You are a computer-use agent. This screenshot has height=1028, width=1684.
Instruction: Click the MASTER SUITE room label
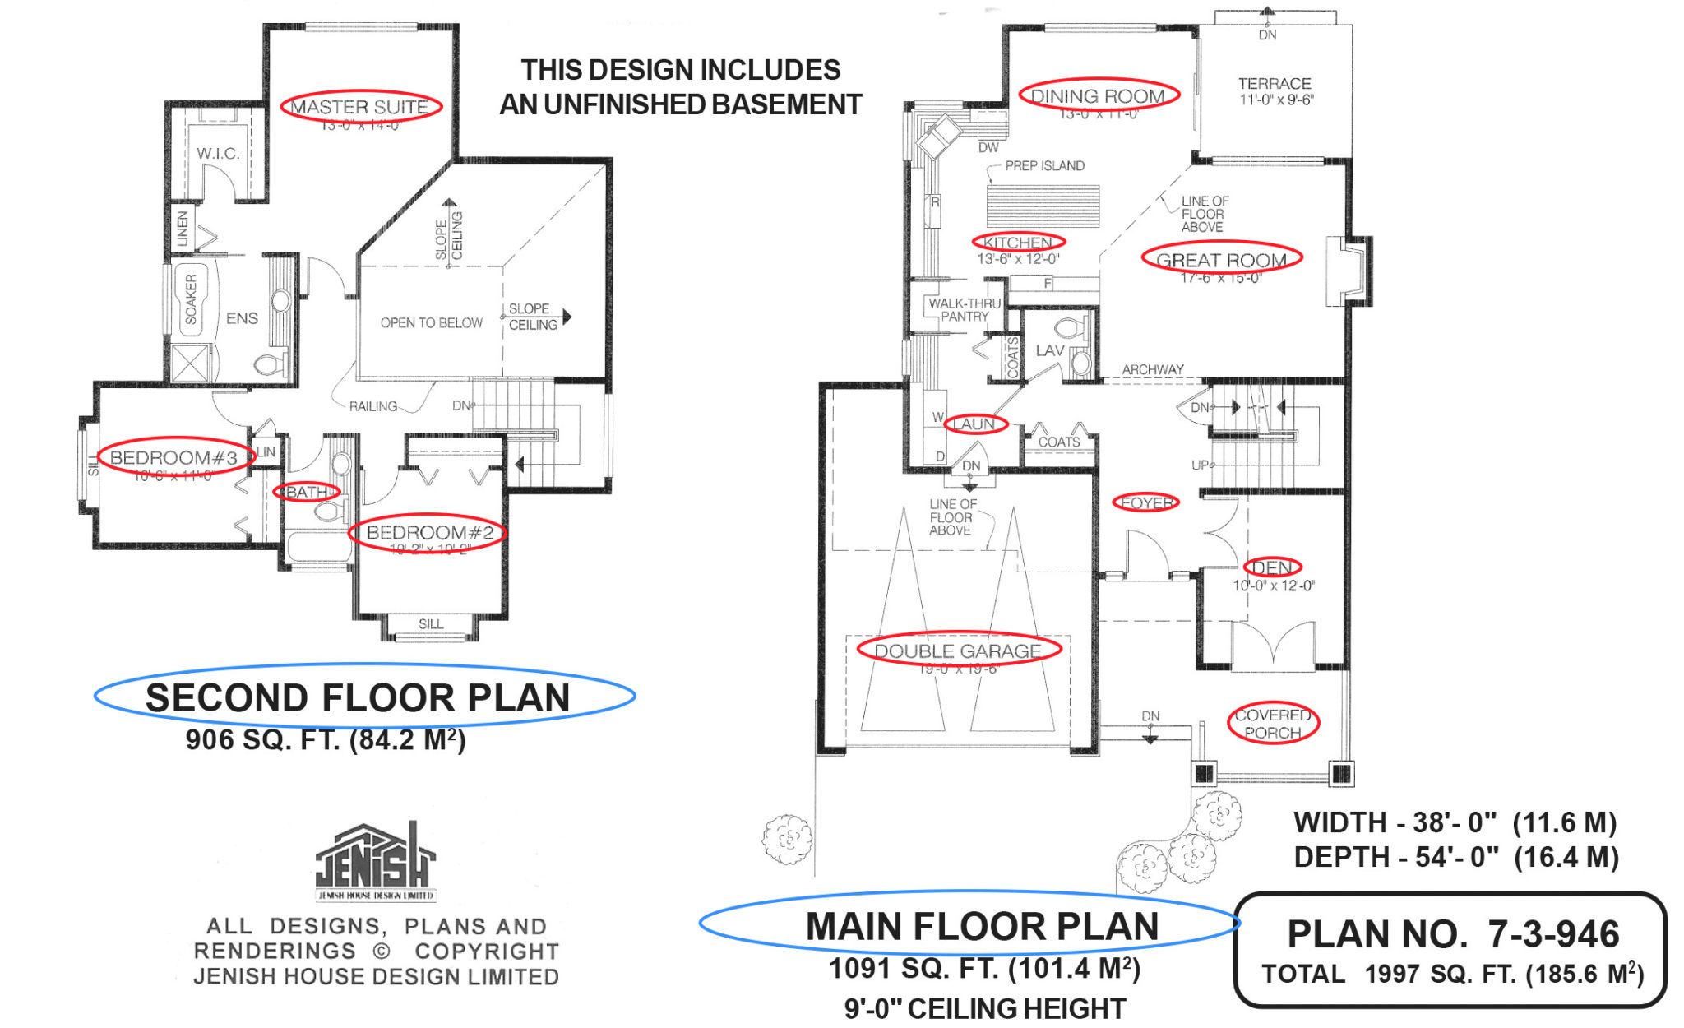[359, 107]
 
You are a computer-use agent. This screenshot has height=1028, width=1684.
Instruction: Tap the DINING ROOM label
[1098, 95]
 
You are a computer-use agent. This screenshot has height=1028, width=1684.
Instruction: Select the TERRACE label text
[1275, 84]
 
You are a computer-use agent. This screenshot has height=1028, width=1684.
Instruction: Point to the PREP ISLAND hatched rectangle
[1043, 206]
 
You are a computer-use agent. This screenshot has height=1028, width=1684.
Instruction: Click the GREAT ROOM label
[1221, 260]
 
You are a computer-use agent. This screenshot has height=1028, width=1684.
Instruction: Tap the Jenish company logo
[376, 860]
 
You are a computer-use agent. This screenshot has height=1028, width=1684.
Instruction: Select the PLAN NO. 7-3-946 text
[1452, 934]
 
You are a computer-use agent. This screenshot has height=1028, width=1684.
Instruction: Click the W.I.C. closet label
[218, 154]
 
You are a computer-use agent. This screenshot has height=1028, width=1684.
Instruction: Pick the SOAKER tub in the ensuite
[192, 299]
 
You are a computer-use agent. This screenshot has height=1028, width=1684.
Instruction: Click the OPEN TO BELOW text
[431, 323]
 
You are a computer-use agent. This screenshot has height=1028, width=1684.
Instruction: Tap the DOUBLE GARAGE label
[958, 651]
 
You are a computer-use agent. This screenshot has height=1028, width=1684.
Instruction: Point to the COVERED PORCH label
[1272, 724]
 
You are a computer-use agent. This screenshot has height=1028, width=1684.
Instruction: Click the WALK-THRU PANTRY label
[965, 310]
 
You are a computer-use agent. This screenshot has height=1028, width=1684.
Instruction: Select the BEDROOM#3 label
[173, 457]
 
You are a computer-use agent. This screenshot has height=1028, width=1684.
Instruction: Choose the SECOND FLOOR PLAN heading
[358, 697]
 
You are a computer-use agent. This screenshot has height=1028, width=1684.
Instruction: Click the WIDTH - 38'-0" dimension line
[1455, 822]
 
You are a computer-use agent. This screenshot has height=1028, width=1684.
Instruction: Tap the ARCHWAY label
[1153, 369]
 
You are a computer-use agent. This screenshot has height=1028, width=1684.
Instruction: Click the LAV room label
[1050, 350]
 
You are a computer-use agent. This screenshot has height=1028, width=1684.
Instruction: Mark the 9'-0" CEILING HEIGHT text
[984, 1008]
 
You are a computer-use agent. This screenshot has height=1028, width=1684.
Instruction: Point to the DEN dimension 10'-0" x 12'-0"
[1273, 586]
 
